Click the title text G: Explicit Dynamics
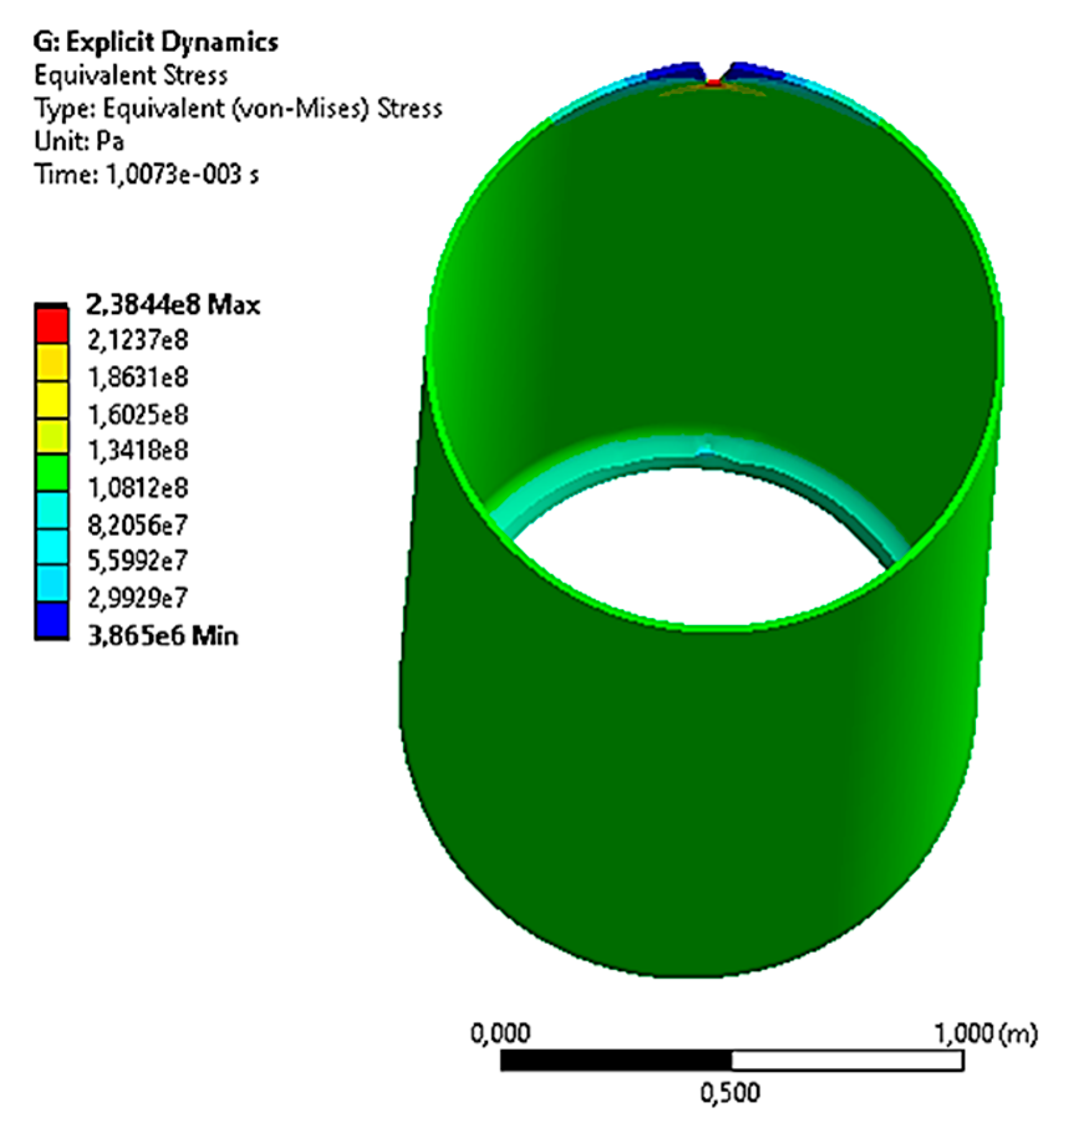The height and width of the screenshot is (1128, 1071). [x=155, y=42]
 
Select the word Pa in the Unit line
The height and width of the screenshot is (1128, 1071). [x=110, y=141]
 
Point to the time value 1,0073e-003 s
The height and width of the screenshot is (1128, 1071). [x=182, y=174]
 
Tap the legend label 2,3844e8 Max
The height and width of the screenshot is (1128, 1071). [x=172, y=305]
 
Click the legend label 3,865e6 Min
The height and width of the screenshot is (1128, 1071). [x=163, y=636]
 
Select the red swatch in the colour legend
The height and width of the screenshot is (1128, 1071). [x=51, y=325]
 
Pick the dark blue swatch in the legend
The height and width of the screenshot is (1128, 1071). [x=51, y=620]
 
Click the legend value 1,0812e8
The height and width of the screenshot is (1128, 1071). [x=137, y=488]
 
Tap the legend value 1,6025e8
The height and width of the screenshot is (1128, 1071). [x=137, y=415]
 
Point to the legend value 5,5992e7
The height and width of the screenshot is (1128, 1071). [x=137, y=561]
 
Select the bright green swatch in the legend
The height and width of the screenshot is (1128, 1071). [x=51, y=473]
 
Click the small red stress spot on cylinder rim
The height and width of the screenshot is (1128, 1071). [x=714, y=82]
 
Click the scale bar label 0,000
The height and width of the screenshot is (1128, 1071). [x=500, y=1033]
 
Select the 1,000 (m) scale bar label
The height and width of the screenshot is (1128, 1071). [x=985, y=1033]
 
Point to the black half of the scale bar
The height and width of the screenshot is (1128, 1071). [x=616, y=1060]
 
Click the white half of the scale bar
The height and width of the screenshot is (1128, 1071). [x=847, y=1060]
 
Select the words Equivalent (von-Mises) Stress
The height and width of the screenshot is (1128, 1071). [x=272, y=108]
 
